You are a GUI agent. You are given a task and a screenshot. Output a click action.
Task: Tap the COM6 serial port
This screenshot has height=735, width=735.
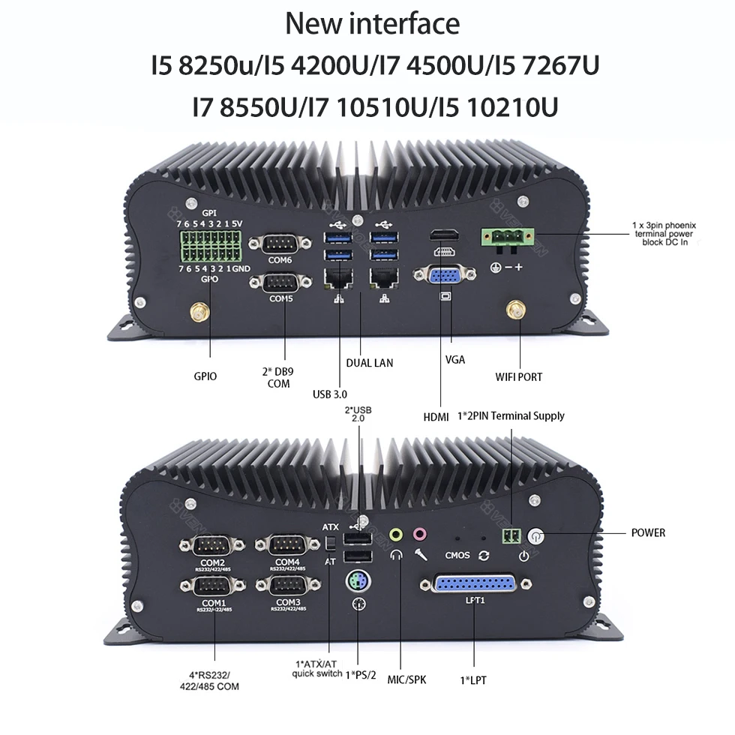[x=280, y=244]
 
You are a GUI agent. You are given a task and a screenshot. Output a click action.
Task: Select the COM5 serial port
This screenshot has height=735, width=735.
[x=280, y=283]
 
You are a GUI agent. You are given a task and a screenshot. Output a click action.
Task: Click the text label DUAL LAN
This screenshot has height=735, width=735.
[x=369, y=363]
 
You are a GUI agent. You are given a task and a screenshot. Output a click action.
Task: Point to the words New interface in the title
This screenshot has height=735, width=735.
[x=372, y=24]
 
